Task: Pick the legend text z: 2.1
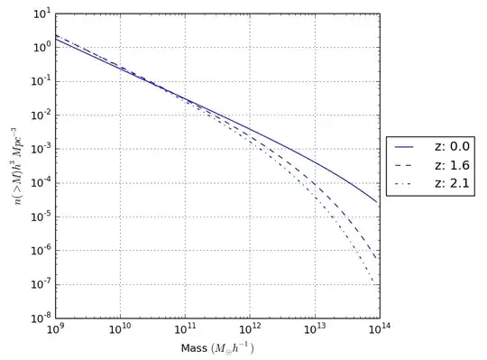pos(446,186)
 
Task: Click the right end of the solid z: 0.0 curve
pos(375,201)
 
